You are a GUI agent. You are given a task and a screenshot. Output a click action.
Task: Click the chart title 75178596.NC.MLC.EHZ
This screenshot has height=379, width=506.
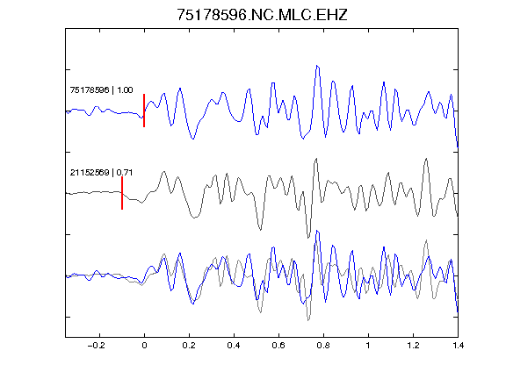coord(262,15)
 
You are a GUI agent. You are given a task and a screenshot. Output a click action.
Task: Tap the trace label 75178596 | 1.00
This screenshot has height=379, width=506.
coord(101,89)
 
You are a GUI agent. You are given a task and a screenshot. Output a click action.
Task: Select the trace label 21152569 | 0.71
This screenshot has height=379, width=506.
coord(101,173)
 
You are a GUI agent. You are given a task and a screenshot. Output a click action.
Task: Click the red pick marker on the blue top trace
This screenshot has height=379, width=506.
coord(144,111)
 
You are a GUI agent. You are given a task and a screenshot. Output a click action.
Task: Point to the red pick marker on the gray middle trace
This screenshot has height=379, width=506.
coord(122,193)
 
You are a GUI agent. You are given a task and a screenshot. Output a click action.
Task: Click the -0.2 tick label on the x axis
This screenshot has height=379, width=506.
coord(96,346)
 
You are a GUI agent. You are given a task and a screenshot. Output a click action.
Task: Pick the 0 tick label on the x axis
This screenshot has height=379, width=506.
coord(144,346)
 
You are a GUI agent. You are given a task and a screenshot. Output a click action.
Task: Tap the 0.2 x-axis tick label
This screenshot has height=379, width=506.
coord(189,346)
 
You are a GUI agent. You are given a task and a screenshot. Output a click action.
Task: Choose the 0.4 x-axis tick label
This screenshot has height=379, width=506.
coord(234,346)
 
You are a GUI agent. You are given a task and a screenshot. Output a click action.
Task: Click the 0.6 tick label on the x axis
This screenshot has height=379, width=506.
coord(278,346)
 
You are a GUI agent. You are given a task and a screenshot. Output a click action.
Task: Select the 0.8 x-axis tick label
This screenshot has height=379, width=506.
coord(323,346)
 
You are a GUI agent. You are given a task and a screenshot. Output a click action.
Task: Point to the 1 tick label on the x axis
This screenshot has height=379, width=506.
coord(368,346)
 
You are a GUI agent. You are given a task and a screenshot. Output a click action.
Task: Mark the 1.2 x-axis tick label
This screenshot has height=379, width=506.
coord(413,346)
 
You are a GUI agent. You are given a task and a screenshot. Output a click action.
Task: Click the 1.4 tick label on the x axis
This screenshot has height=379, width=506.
coord(458,346)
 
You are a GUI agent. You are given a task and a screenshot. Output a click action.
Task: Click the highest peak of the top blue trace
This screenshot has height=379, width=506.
coord(317,66)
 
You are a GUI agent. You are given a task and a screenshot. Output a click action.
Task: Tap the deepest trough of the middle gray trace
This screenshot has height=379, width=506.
coord(308,238)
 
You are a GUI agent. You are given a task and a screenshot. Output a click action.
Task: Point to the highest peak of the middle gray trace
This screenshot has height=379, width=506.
coord(316,158)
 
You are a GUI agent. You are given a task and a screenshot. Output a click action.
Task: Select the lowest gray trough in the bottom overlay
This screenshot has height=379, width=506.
coord(308,320)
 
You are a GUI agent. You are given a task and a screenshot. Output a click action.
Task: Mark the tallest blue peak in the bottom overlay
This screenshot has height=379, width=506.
coord(317,231)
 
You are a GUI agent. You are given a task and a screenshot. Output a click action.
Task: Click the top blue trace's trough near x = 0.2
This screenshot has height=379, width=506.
coord(193,139)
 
